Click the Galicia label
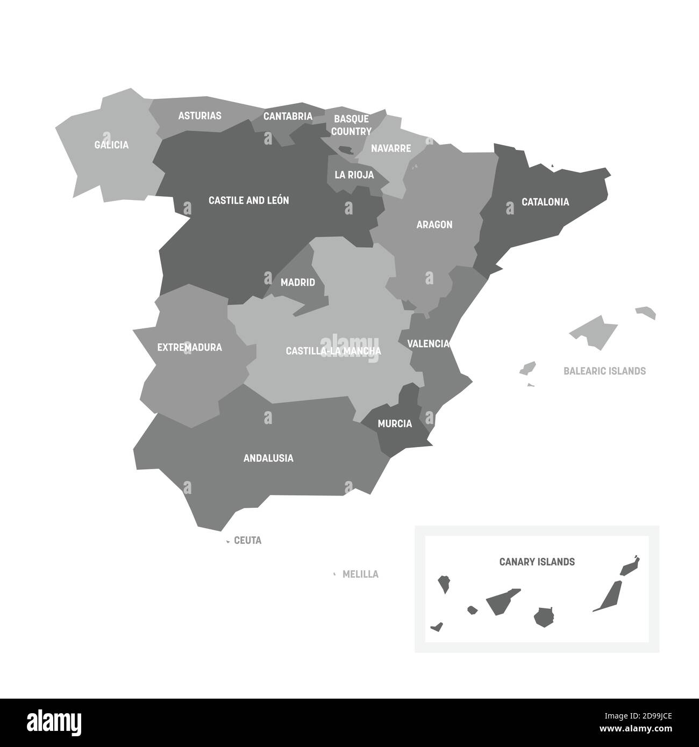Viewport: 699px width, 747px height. tap(111, 145)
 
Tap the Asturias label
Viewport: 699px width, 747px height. tap(199, 116)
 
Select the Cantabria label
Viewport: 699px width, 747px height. tap(288, 116)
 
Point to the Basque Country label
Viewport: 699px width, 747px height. tap(351, 125)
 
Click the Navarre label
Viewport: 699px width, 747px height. tap(391, 148)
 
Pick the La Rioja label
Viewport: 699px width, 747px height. tap(354, 175)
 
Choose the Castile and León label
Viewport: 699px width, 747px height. tap(248, 200)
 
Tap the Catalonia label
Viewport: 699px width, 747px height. tap(545, 202)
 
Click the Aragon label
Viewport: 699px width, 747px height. tap(434, 225)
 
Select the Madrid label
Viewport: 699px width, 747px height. tap(298, 282)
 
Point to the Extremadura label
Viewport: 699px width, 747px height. tap(189, 348)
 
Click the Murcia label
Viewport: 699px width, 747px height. tap(395, 424)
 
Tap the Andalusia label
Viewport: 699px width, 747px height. tap(268, 458)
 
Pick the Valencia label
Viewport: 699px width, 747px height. tap(428, 343)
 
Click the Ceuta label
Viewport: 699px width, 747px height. tap(248, 541)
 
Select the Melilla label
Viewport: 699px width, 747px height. tap(360, 574)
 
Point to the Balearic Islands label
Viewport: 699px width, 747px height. tap(604, 371)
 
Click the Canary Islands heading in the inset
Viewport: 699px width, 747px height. tap(537, 562)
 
